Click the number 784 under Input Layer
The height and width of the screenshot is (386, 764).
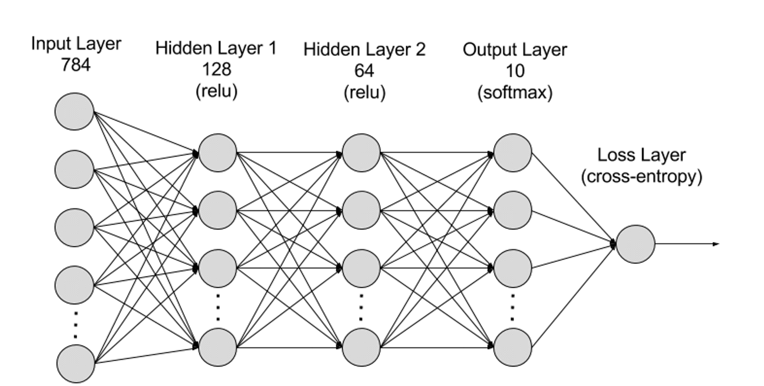click(x=76, y=65)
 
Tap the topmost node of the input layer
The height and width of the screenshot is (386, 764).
click(x=74, y=111)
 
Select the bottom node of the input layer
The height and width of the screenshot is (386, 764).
click(x=76, y=363)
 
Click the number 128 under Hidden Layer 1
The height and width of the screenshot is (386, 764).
click(x=217, y=70)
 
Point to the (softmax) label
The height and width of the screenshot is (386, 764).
click(x=515, y=93)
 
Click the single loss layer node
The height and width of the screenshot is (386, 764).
click(x=635, y=244)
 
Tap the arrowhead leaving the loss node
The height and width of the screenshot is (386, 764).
click(x=716, y=244)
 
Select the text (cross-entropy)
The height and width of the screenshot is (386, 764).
click(x=642, y=177)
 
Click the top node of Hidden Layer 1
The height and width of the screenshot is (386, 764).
click(x=217, y=153)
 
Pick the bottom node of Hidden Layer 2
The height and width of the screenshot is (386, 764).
click(x=361, y=347)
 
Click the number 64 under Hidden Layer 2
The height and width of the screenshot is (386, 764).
click(x=364, y=71)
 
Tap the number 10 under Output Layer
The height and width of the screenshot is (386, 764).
click(x=515, y=71)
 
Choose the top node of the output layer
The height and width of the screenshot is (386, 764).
click(x=512, y=153)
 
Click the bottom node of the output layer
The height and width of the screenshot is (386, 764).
click(x=512, y=347)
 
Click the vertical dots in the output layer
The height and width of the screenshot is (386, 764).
click(x=512, y=308)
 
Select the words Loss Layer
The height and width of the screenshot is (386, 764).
click(x=641, y=155)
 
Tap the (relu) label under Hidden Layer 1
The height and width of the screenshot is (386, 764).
click(x=217, y=91)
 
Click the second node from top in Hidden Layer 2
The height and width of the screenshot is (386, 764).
click(x=361, y=210)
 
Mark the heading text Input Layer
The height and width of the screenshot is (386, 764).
click(x=76, y=44)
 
